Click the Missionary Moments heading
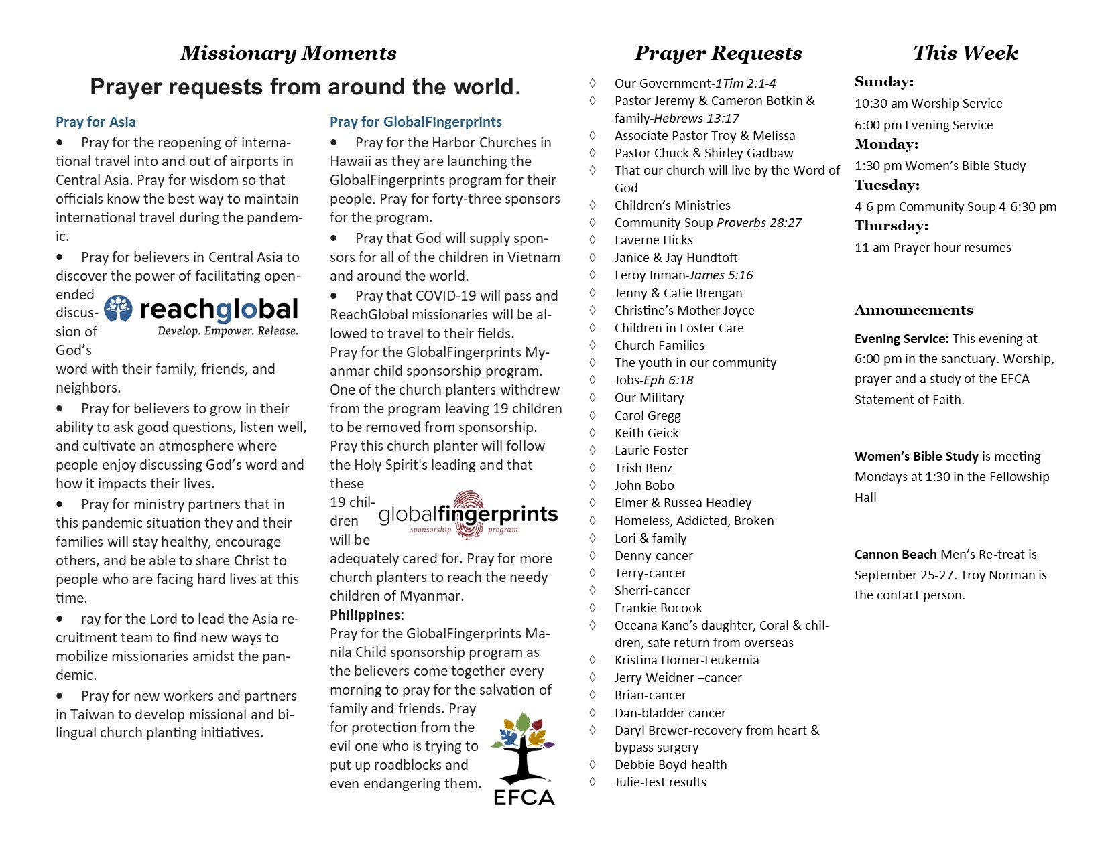pos(288,53)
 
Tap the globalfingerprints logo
pos(468,515)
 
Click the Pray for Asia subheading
pos(95,122)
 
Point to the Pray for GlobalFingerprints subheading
pos(416,122)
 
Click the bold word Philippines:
pos(367,615)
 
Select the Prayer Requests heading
pos(718,53)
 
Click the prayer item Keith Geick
pos(646,433)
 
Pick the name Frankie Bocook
pos(658,608)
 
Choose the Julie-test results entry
pos(660,782)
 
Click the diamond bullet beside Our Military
pos(593,397)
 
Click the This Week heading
pos(965,53)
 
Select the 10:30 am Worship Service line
pos(928,103)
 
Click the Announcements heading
pos(914,310)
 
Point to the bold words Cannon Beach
pos(896,554)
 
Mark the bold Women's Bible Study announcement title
pos(916,456)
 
